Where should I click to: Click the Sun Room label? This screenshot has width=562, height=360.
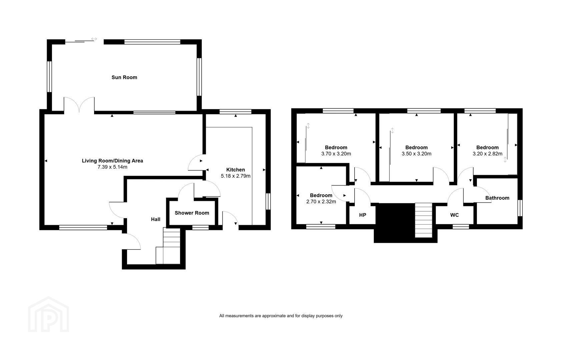click(x=124, y=77)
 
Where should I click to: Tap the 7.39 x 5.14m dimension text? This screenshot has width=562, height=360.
click(x=112, y=167)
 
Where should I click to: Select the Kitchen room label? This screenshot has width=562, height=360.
click(x=235, y=170)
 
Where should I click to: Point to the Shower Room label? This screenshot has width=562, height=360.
click(x=192, y=213)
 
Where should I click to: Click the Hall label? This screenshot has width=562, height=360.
click(x=155, y=219)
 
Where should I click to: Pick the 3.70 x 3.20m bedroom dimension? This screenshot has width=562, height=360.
click(x=336, y=154)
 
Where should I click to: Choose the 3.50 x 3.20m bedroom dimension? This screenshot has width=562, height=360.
click(x=417, y=154)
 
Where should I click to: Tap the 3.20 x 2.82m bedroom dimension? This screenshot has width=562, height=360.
click(x=488, y=154)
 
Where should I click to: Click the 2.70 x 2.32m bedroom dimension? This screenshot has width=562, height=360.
click(x=321, y=202)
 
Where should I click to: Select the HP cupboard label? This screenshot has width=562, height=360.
click(x=363, y=215)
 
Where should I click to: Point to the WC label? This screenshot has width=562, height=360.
click(x=454, y=215)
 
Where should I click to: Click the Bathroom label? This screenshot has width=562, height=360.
click(x=497, y=198)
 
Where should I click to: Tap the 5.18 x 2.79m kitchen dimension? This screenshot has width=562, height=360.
click(x=235, y=176)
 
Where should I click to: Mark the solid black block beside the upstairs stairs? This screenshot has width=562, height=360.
click(x=394, y=223)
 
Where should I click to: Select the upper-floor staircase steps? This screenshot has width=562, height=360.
click(x=424, y=220)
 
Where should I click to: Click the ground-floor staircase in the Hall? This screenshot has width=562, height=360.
click(x=168, y=246)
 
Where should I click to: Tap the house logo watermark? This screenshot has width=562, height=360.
click(x=48, y=314)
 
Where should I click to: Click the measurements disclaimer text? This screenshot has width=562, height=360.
click(x=281, y=316)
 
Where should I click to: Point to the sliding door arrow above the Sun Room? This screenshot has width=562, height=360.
click(x=94, y=39)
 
